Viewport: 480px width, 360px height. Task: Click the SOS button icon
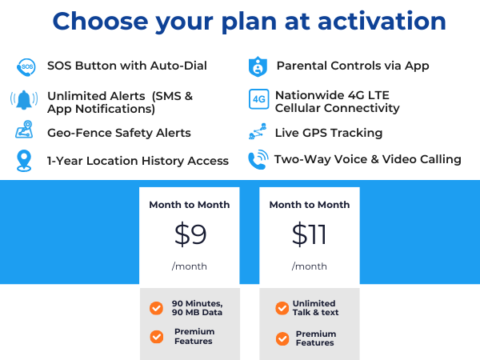click(26, 66)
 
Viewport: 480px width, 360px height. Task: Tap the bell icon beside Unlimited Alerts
click(24, 101)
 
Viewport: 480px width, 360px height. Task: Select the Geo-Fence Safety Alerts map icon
click(25, 130)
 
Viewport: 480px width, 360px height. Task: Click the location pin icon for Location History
click(24, 160)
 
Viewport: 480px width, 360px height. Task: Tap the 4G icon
click(258, 100)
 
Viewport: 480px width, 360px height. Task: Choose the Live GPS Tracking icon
click(257, 132)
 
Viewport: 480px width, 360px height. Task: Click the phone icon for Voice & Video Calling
click(258, 158)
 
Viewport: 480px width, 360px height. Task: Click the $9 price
click(190, 234)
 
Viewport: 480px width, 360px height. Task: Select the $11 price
click(309, 234)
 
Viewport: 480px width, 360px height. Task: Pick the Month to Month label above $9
click(190, 205)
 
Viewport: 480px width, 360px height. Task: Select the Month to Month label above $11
click(309, 205)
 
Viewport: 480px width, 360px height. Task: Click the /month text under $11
click(309, 266)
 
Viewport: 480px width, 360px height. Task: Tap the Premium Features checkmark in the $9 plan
click(157, 336)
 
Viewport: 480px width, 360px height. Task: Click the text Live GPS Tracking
click(328, 133)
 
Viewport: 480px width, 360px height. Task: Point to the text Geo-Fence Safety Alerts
click(118, 133)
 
